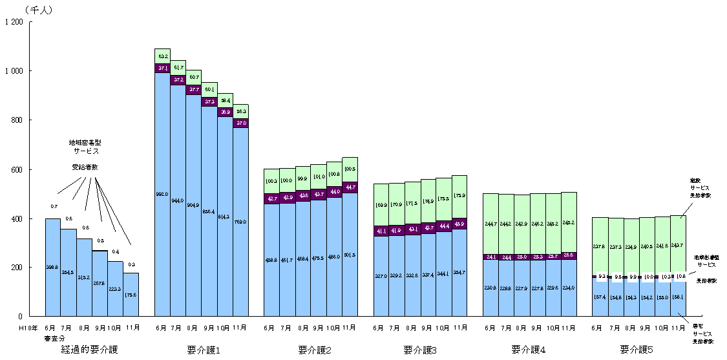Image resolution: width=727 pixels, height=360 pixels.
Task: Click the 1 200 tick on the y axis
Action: tap(14, 23)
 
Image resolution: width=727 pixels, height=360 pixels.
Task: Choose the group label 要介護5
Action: tap(637, 350)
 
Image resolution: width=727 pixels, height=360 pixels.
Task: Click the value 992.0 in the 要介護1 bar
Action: tap(162, 194)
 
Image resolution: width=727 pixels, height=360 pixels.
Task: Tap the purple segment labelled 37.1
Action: tap(162, 68)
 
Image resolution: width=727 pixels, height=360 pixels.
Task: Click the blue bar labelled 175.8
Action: tap(131, 295)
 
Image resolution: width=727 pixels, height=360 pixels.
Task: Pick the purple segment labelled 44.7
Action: tap(350, 187)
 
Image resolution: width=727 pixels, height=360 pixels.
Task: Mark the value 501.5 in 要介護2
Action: tap(350, 255)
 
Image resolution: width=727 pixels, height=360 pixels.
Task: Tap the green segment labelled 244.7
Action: tap(491, 224)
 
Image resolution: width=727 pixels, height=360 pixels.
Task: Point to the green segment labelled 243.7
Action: tap(677, 245)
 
